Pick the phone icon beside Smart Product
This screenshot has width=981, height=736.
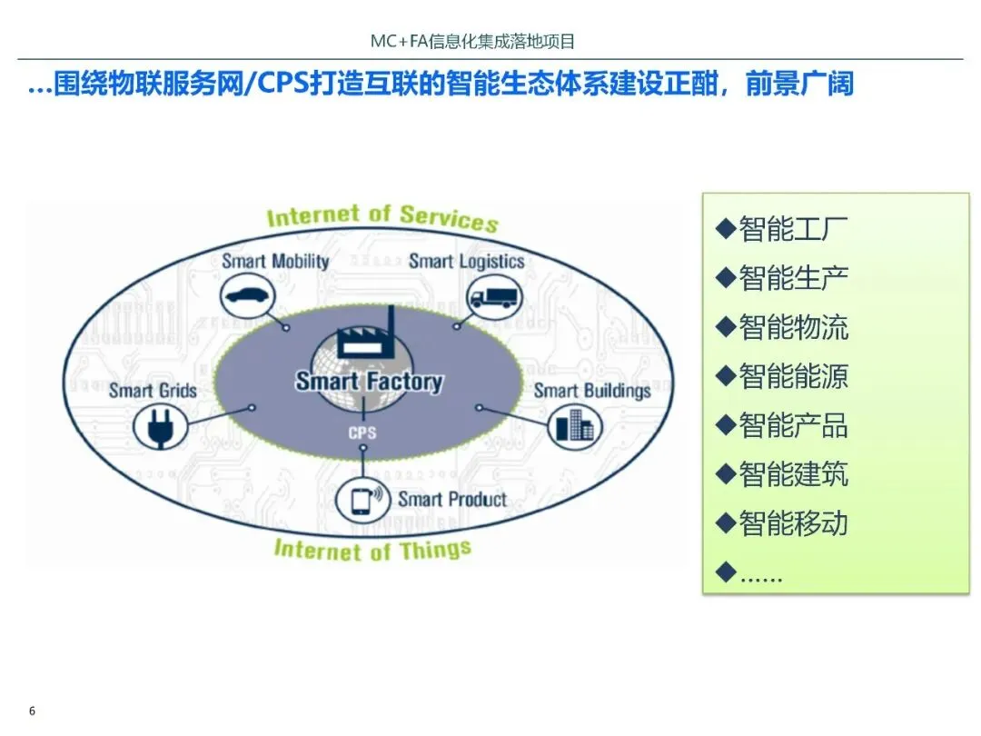click(361, 501)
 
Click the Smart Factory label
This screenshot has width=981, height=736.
click(369, 382)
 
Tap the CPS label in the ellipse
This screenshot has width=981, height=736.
click(362, 433)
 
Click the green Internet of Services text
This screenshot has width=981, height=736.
click(382, 218)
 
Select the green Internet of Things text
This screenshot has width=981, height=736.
click(372, 550)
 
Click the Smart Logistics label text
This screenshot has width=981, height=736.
click(466, 262)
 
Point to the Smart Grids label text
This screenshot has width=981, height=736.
click(153, 391)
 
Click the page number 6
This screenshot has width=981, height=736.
click(33, 711)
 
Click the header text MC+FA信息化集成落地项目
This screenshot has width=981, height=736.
click(473, 42)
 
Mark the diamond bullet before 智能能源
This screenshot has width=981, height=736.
click(724, 375)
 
